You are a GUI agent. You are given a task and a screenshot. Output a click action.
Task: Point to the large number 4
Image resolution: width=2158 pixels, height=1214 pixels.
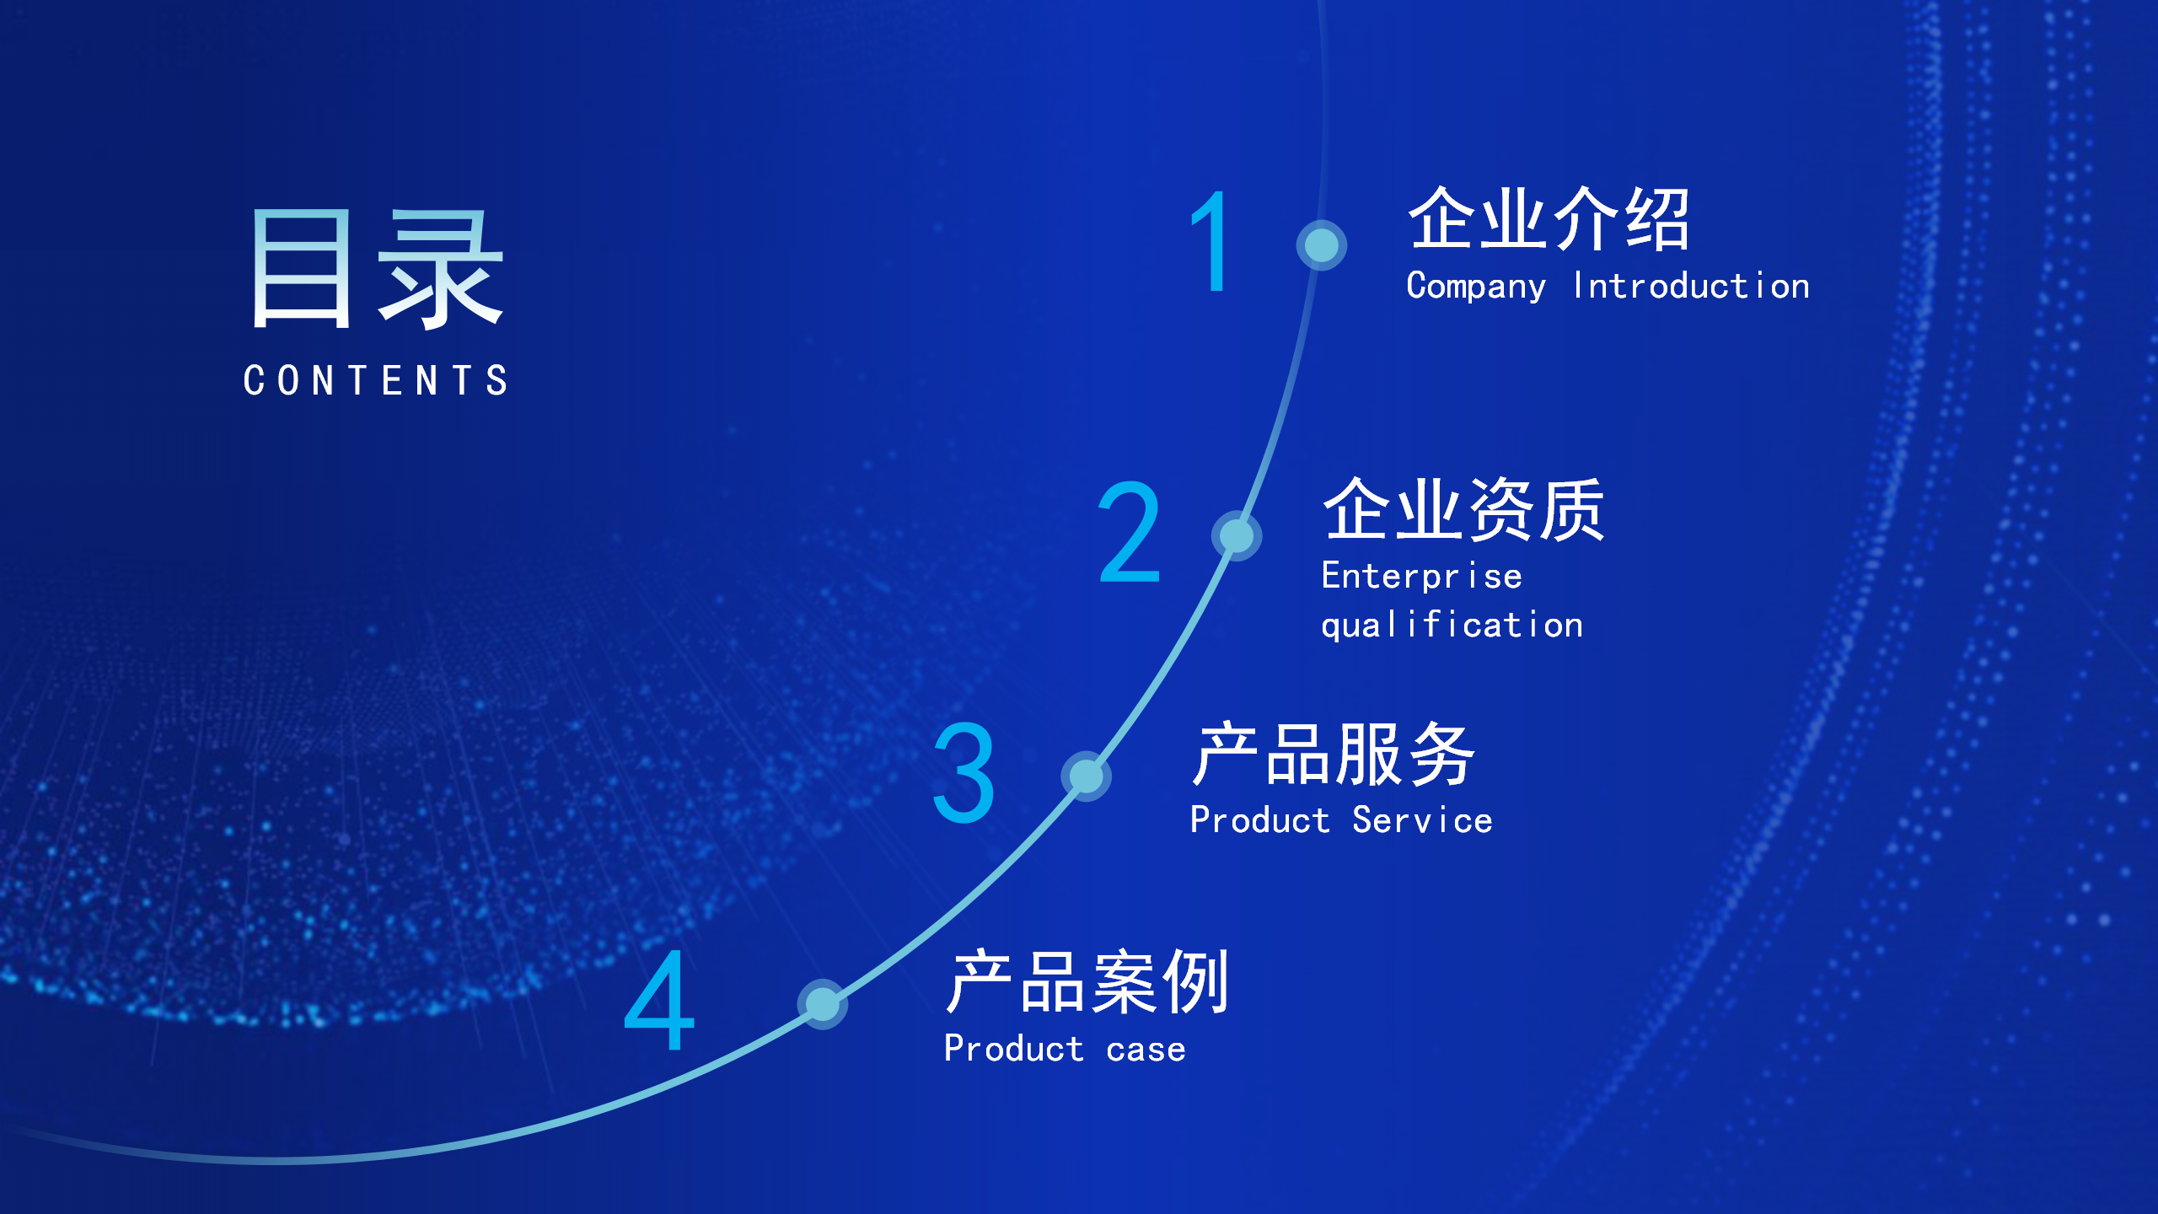(659, 1000)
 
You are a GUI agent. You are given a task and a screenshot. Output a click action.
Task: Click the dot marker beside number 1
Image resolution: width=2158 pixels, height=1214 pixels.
(1321, 245)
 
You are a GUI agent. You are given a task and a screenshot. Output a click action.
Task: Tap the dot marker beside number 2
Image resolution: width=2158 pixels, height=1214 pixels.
(1237, 535)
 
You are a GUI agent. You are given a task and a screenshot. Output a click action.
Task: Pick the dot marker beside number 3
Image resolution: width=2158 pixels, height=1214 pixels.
(1086, 776)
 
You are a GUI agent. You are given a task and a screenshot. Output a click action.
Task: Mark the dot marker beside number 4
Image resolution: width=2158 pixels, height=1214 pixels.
(822, 1004)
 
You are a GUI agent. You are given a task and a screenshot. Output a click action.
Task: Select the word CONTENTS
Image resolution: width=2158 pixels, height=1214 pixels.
(375, 380)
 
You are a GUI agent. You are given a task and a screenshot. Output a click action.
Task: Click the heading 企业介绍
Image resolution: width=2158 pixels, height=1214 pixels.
(1549, 219)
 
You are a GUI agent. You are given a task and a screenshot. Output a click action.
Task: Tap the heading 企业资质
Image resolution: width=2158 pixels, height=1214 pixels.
(1464, 509)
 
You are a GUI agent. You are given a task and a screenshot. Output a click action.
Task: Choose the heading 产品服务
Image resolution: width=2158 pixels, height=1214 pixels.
(1334, 755)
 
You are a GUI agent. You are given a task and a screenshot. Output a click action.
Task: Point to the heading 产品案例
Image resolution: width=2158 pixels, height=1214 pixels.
(1087, 982)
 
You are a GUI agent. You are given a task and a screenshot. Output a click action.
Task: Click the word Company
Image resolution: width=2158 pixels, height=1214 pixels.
(1476, 287)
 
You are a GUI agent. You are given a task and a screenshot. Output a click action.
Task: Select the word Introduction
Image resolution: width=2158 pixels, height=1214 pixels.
(1692, 286)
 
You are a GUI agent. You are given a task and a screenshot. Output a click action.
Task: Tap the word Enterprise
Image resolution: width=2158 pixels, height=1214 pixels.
(1422, 577)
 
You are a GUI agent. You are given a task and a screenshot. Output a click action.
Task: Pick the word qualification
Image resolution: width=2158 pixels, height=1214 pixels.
(1452, 626)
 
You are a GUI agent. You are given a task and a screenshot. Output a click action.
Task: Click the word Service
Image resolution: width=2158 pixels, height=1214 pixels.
(1422, 820)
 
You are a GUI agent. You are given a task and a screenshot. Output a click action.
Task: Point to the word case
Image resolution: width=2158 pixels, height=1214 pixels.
(1146, 1050)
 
